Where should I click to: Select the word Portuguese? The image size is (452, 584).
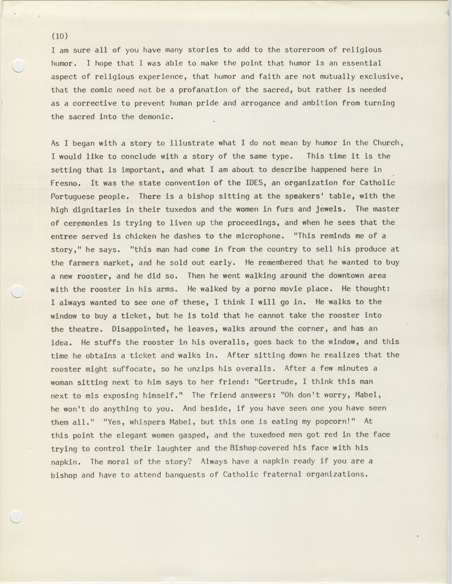point(72,196)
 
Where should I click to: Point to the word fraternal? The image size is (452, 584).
point(282,475)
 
